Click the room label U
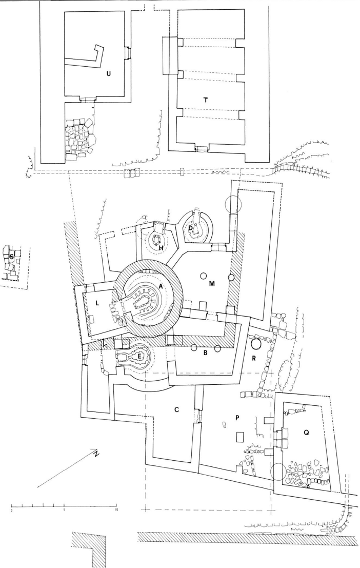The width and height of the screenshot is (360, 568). click(108, 73)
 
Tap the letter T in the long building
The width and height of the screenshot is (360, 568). click(206, 100)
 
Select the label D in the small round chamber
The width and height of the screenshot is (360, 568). click(190, 227)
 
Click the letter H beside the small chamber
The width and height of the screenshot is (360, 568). click(161, 248)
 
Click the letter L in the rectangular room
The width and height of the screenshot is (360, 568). click(97, 303)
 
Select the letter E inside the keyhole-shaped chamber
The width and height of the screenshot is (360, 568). click(138, 355)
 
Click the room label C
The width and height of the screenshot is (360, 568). click(176, 410)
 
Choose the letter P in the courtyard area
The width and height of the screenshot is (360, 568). click(237, 418)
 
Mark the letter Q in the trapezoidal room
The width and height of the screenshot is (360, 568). click(306, 433)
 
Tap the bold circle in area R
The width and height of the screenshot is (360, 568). click(255, 344)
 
